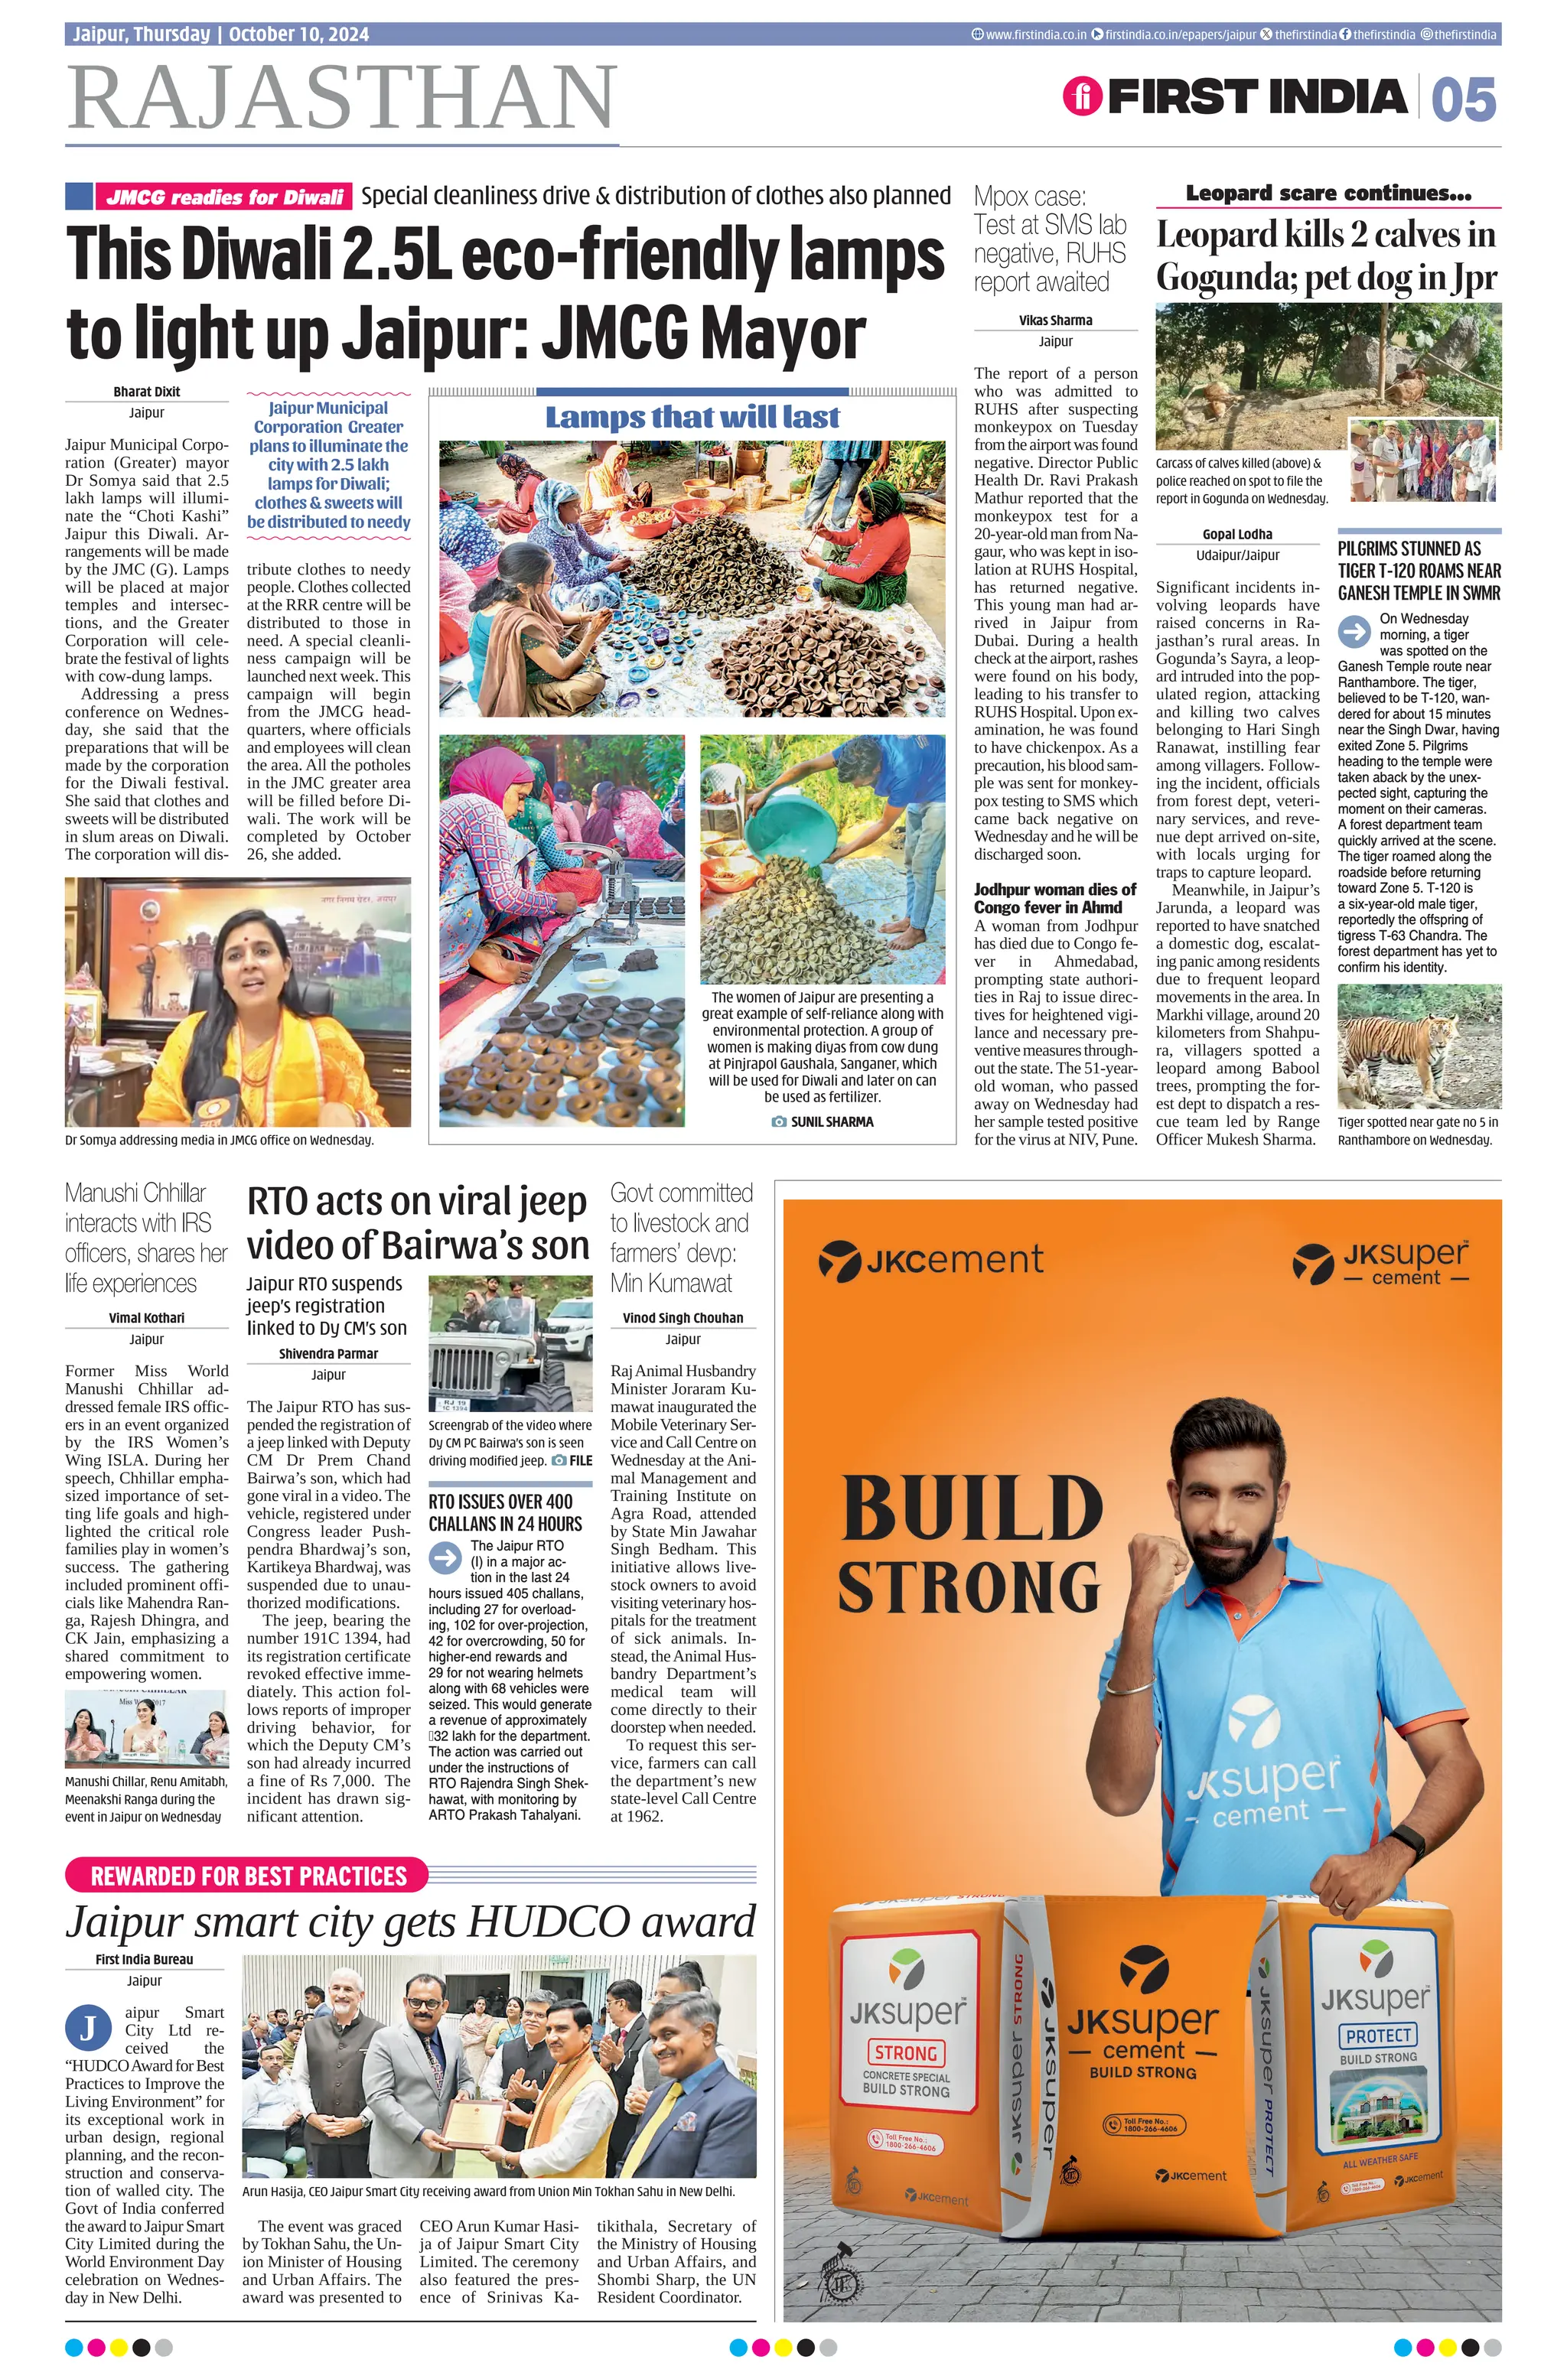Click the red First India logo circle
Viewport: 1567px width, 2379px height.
coord(1081,97)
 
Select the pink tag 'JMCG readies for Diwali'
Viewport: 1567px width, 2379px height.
coord(224,197)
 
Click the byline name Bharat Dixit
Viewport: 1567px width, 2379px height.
coord(146,392)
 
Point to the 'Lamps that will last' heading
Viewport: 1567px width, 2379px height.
coord(692,417)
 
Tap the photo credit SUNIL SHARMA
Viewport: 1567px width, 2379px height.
coord(831,1121)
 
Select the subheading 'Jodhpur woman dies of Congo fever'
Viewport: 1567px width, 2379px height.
coord(1055,897)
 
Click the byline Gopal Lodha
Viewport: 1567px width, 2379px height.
coord(1237,535)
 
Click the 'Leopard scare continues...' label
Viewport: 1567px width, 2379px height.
coord(1328,193)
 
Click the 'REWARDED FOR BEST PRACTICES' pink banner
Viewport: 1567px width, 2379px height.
coord(248,1875)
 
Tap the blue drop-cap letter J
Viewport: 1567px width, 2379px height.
coord(88,2027)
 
